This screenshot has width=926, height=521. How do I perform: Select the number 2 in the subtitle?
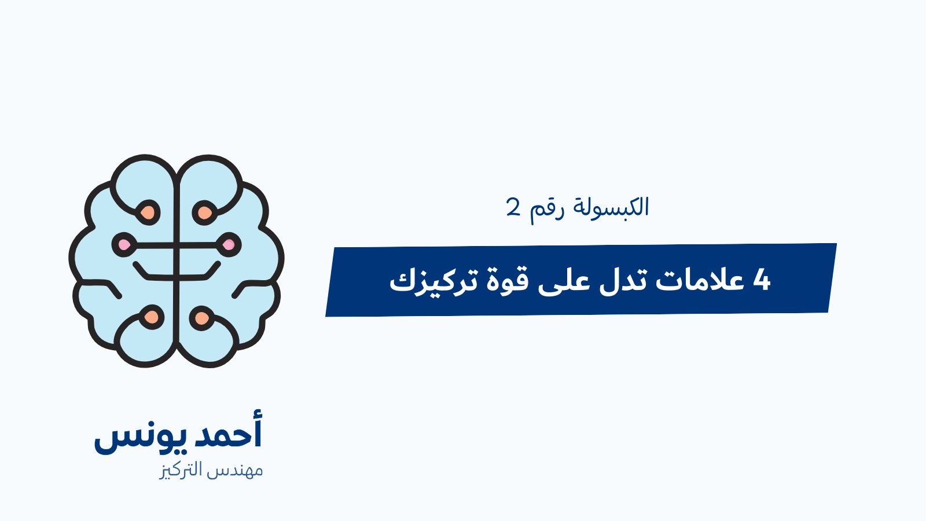pyautogui.click(x=513, y=207)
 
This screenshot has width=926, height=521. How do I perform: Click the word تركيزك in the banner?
pyautogui.click(x=433, y=281)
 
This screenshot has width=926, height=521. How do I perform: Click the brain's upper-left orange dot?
pyautogui.click(x=148, y=212)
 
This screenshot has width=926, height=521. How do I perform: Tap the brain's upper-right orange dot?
pyautogui.click(x=205, y=213)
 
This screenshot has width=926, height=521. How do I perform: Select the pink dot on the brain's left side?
pyautogui.click(x=124, y=245)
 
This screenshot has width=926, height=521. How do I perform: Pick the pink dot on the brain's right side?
pyautogui.click(x=229, y=245)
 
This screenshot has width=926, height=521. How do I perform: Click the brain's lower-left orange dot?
pyautogui.click(x=152, y=317)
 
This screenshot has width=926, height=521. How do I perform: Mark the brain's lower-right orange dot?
pyautogui.click(x=202, y=318)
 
